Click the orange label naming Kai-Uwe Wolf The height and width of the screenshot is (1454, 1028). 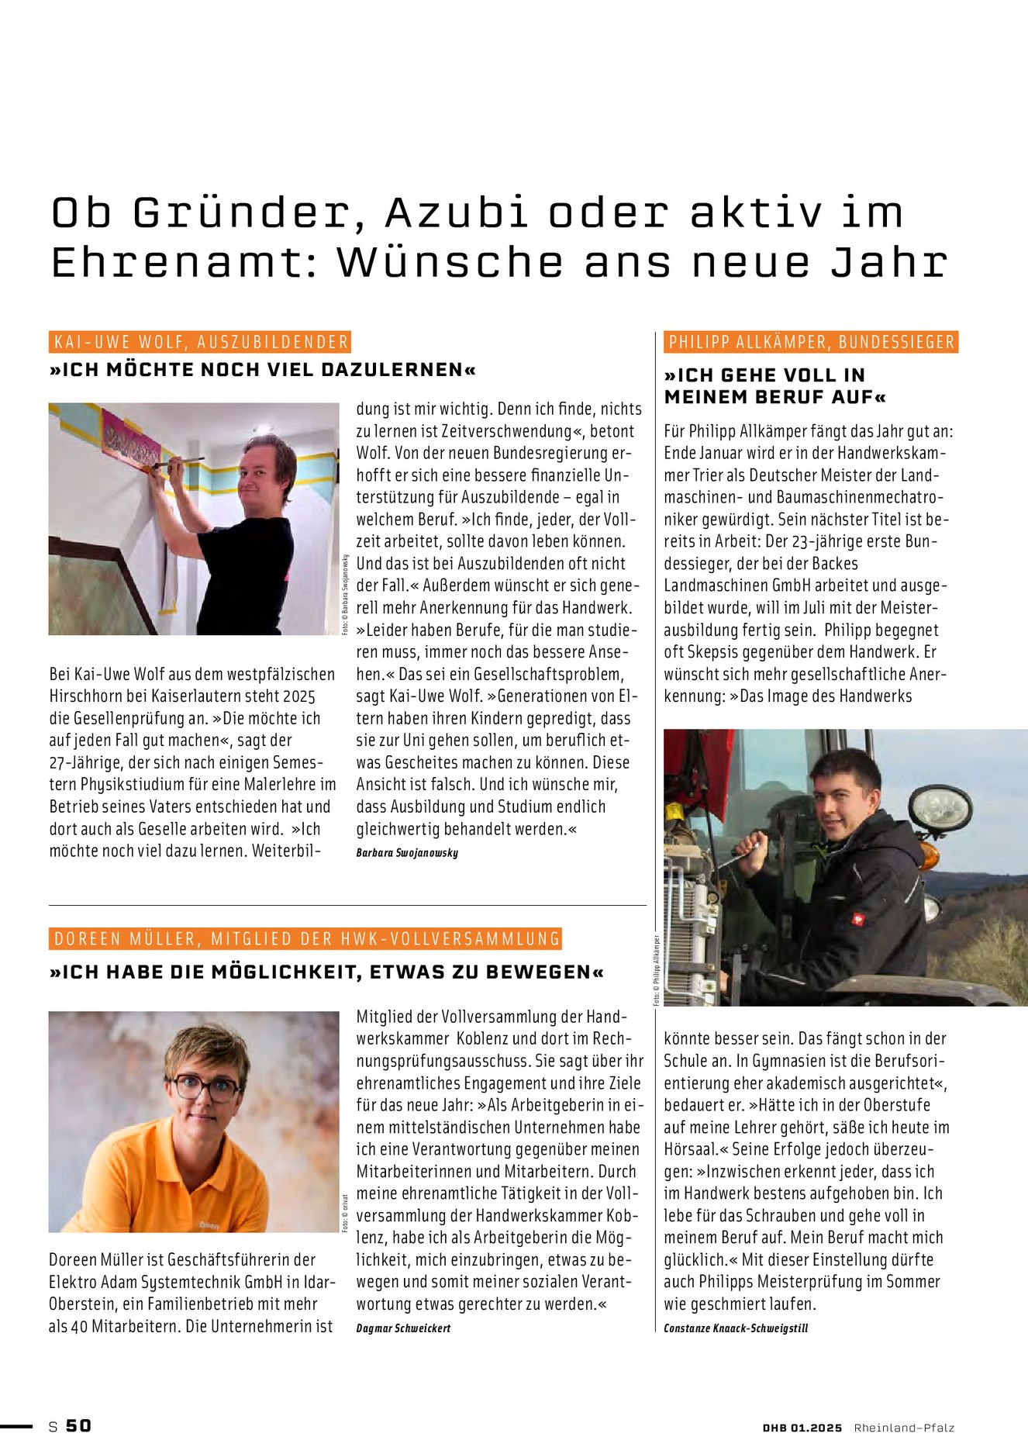200,342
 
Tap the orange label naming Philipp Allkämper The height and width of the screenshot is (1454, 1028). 811,342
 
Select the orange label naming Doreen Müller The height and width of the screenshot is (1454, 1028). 305,939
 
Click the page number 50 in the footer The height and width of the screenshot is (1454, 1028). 78,1425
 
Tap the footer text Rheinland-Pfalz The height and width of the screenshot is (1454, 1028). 904,1428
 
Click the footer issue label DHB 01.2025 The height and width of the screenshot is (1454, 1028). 802,1428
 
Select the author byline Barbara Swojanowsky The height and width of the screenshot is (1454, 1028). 407,853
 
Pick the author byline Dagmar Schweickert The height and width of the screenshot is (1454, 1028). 403,1328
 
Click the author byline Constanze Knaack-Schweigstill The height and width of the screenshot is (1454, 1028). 736,1328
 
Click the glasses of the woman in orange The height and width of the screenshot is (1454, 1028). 205,1087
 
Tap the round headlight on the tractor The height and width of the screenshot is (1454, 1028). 940,809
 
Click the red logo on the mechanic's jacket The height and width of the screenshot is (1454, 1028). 857,919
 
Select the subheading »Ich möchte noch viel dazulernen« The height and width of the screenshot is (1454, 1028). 263,370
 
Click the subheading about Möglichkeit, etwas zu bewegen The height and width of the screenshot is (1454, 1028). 326,972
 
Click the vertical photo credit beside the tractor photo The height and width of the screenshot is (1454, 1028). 656,969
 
